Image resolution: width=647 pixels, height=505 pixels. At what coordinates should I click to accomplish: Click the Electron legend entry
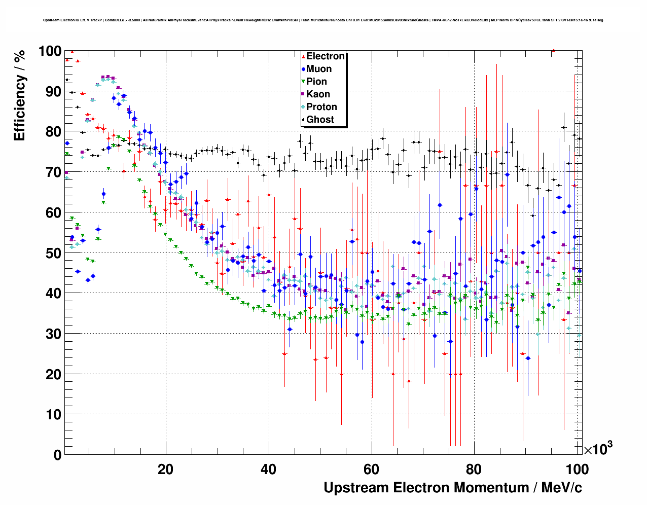tap(325, 56)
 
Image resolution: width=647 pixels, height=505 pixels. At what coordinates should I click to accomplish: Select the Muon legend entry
tap(319, 69)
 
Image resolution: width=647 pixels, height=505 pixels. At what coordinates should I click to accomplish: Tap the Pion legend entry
tap(316, 82)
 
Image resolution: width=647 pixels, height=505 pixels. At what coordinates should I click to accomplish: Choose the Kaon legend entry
tap(318, 94)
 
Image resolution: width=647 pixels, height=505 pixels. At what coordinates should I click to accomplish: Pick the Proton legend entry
tap(321, 107)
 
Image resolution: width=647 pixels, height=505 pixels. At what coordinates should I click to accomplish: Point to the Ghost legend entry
tap(320, 120)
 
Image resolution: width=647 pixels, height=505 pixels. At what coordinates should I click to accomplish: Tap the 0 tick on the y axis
tap(57, 455)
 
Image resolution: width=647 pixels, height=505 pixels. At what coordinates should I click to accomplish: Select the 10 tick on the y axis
tap(53, 415)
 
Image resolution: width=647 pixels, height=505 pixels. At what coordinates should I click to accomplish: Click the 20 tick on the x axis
tap(165, 470)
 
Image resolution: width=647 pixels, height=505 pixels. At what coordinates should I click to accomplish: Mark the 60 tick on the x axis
tap(371, 470)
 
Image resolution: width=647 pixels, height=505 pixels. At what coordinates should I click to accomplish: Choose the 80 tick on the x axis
tap(474, 470)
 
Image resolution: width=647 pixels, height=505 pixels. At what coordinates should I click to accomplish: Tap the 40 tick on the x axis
tap(268, 470)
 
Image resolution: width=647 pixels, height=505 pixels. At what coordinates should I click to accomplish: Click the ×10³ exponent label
tap(598, 449)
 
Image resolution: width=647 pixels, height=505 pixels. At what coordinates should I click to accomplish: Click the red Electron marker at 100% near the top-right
tap(554, 50)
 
